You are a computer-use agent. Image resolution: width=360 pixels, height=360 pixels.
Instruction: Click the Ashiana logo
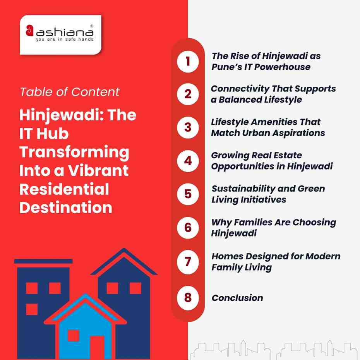coord(60,34)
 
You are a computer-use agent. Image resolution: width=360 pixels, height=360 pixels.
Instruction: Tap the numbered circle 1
coord(188,61)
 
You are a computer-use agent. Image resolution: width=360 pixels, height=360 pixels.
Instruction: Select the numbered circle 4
coord(188,161)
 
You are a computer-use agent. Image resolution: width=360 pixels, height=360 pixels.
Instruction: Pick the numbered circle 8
coord(188,298)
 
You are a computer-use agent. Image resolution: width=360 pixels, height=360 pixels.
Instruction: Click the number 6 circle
coord(188,228)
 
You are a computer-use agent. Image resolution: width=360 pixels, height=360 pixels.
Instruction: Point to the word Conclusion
coord(237,298)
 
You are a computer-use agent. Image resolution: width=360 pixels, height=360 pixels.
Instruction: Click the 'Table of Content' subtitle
coord(70,92)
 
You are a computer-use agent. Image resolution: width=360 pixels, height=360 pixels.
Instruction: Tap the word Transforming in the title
coord(74,152)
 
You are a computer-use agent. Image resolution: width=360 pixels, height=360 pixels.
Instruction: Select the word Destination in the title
coord(66,207)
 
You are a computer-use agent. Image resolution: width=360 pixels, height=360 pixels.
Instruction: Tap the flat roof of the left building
coord(43,261)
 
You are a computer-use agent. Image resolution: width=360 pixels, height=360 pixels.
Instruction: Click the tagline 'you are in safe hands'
coord(64,39)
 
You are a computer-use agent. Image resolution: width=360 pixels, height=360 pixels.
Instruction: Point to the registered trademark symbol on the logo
coord(91,26)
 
